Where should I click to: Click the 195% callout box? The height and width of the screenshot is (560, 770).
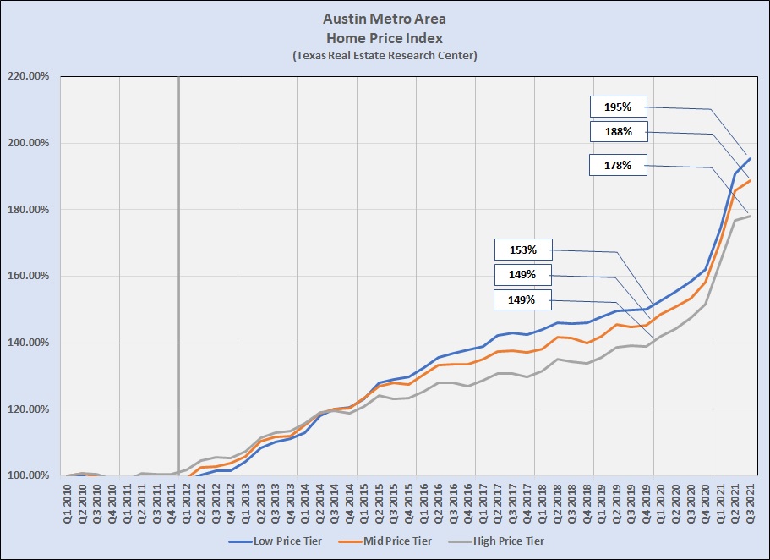click(618, 107)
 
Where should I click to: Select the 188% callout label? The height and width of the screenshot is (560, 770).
click(618, 131)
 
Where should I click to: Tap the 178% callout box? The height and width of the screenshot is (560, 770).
click(618, 165)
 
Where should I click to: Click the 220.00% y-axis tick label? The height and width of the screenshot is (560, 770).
click(29, 76)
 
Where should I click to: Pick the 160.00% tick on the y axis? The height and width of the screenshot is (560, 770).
click(29, 276)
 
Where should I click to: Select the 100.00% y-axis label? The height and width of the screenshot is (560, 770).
click(29, 475)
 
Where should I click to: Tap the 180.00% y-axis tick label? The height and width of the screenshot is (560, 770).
click(29, 210)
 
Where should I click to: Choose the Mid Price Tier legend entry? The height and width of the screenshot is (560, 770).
click(391, 541)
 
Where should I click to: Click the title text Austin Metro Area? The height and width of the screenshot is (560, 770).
click(385, 19)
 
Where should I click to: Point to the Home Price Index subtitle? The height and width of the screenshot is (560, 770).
click(385, 37)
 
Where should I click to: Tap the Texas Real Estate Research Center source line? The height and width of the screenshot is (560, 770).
click(385, 55)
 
